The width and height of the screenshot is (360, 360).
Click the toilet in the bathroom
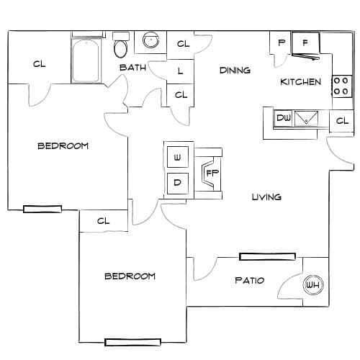click(120, 45)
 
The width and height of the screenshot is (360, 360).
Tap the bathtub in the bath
click(86, 60)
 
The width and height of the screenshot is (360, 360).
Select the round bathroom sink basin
click(150, 40)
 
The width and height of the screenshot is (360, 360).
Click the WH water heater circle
click(313, 285)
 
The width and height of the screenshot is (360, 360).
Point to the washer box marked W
click(178, 157)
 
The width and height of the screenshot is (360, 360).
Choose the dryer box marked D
click(178, 183)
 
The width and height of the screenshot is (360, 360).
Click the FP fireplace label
click(212, 173)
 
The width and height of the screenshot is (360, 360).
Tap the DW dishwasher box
click(283, 118)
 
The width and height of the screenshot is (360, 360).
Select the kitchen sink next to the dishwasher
click(306, 118)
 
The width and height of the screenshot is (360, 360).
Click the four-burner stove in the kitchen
click(342, 86)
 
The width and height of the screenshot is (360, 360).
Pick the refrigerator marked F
click(305, 43)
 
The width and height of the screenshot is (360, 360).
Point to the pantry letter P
click(282, 43)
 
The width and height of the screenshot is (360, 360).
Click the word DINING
click(235, 71)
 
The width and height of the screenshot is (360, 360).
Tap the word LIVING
click(266, 197)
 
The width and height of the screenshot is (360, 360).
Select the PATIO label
click(250, 280)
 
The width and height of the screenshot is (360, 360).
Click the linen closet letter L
click(180, 71)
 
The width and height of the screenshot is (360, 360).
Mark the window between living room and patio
click(267, 257)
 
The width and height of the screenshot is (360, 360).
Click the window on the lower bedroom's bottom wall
click(132, 342)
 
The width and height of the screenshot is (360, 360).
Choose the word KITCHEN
click(300, 82)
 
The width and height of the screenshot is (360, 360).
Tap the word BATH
click(132, 68)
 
